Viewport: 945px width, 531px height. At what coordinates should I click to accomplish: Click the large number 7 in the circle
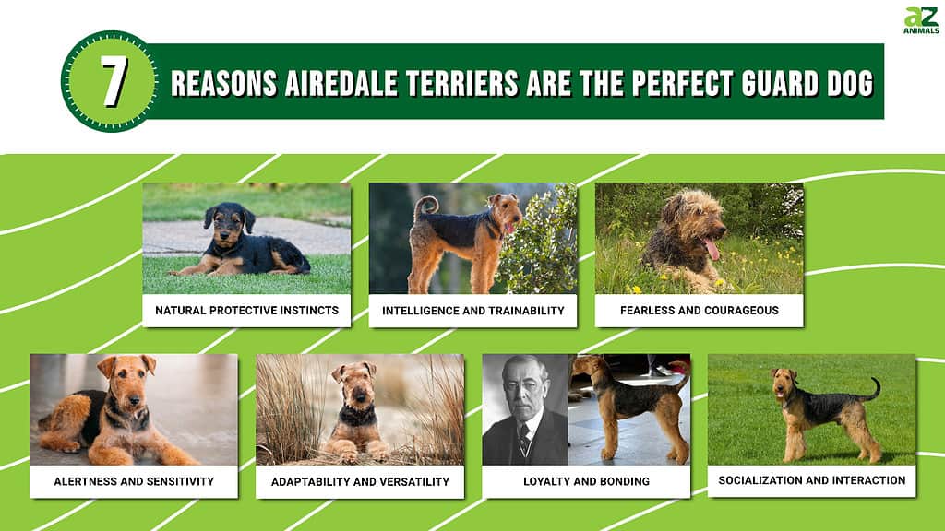click(x=114, y=81)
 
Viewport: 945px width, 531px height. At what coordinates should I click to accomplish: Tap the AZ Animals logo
click(x=921, y=20)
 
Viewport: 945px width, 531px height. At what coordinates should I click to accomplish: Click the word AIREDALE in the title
click(x=341, y=83)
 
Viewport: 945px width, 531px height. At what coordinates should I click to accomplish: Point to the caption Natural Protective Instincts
click(x=246, y=311)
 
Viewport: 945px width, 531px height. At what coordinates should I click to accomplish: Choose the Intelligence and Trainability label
click(x=473, y=311)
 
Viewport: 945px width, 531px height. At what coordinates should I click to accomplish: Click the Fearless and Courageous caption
click(x=700, y=311)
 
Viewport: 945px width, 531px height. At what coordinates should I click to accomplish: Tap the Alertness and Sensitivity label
click(x=134, y=481)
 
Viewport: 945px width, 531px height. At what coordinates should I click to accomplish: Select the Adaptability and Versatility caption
click(x=361, y=481)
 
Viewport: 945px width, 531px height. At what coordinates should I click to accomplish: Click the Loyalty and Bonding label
click(x=586, y=481)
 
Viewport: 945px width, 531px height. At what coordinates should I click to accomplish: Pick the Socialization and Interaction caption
click(x=812, y=480)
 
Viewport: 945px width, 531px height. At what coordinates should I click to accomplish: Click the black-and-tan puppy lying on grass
click(x=241, y=242)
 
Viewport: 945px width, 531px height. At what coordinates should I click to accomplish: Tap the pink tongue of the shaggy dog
click(x=712, y=248)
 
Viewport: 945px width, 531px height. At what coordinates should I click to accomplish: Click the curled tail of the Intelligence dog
click(x=425, y=207)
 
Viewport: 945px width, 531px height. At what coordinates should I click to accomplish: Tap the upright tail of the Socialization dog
click(x=873, y=390)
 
